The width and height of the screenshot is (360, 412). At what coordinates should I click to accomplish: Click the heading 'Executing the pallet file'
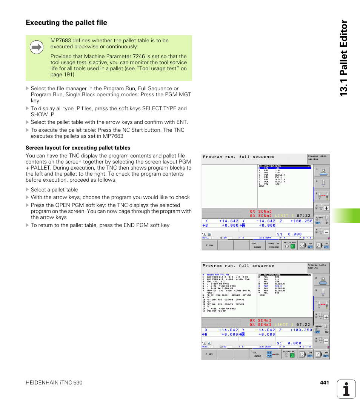tap(66, 23)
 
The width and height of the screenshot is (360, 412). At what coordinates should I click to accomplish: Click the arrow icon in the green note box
tap(37, 47)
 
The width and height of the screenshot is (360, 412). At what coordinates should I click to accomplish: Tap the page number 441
tap(324, 383)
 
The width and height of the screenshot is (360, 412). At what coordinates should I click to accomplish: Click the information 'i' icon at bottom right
tap(346, 389)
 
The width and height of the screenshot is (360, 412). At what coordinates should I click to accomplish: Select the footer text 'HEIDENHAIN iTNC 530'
tap(54, 383)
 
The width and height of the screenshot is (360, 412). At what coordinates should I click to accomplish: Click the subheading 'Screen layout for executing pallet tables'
tap(78, 148)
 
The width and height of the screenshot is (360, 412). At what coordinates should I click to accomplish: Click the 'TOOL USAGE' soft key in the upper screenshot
tap(257, 245)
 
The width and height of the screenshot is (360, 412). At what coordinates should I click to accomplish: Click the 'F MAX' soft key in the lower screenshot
tap(209, 354)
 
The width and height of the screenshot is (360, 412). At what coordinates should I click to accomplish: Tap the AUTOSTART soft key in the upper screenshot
tap(289, 245)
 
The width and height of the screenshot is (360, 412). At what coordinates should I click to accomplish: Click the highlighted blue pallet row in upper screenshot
tap(285, 168)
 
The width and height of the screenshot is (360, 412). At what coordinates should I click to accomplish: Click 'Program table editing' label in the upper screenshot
tap(317, 157)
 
